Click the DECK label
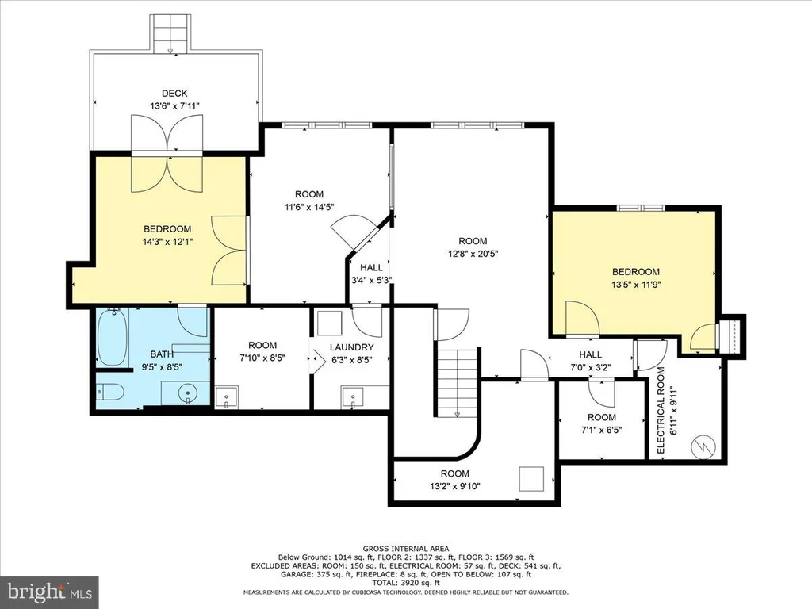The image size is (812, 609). [174, 94]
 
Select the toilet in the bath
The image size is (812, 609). [109, 392]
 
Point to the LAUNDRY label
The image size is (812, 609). [351, 347]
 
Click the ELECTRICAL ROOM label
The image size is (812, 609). [661, 411]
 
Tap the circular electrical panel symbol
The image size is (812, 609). [704, 446]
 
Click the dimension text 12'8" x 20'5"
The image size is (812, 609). [473, 254]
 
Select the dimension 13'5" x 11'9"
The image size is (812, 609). [636, 285]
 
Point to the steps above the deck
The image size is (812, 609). [170, 33]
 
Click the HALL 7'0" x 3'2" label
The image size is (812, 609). [590, 361]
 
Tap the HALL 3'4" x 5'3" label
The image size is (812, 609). [371, 274]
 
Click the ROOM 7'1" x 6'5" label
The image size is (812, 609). [602, 423]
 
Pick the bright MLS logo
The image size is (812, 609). [50, 592]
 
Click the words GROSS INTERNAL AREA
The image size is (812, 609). [406, 549]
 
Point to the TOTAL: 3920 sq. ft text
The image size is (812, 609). [406, 582]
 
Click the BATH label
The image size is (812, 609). [162, 354]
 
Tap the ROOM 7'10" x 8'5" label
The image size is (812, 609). [262, 351]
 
